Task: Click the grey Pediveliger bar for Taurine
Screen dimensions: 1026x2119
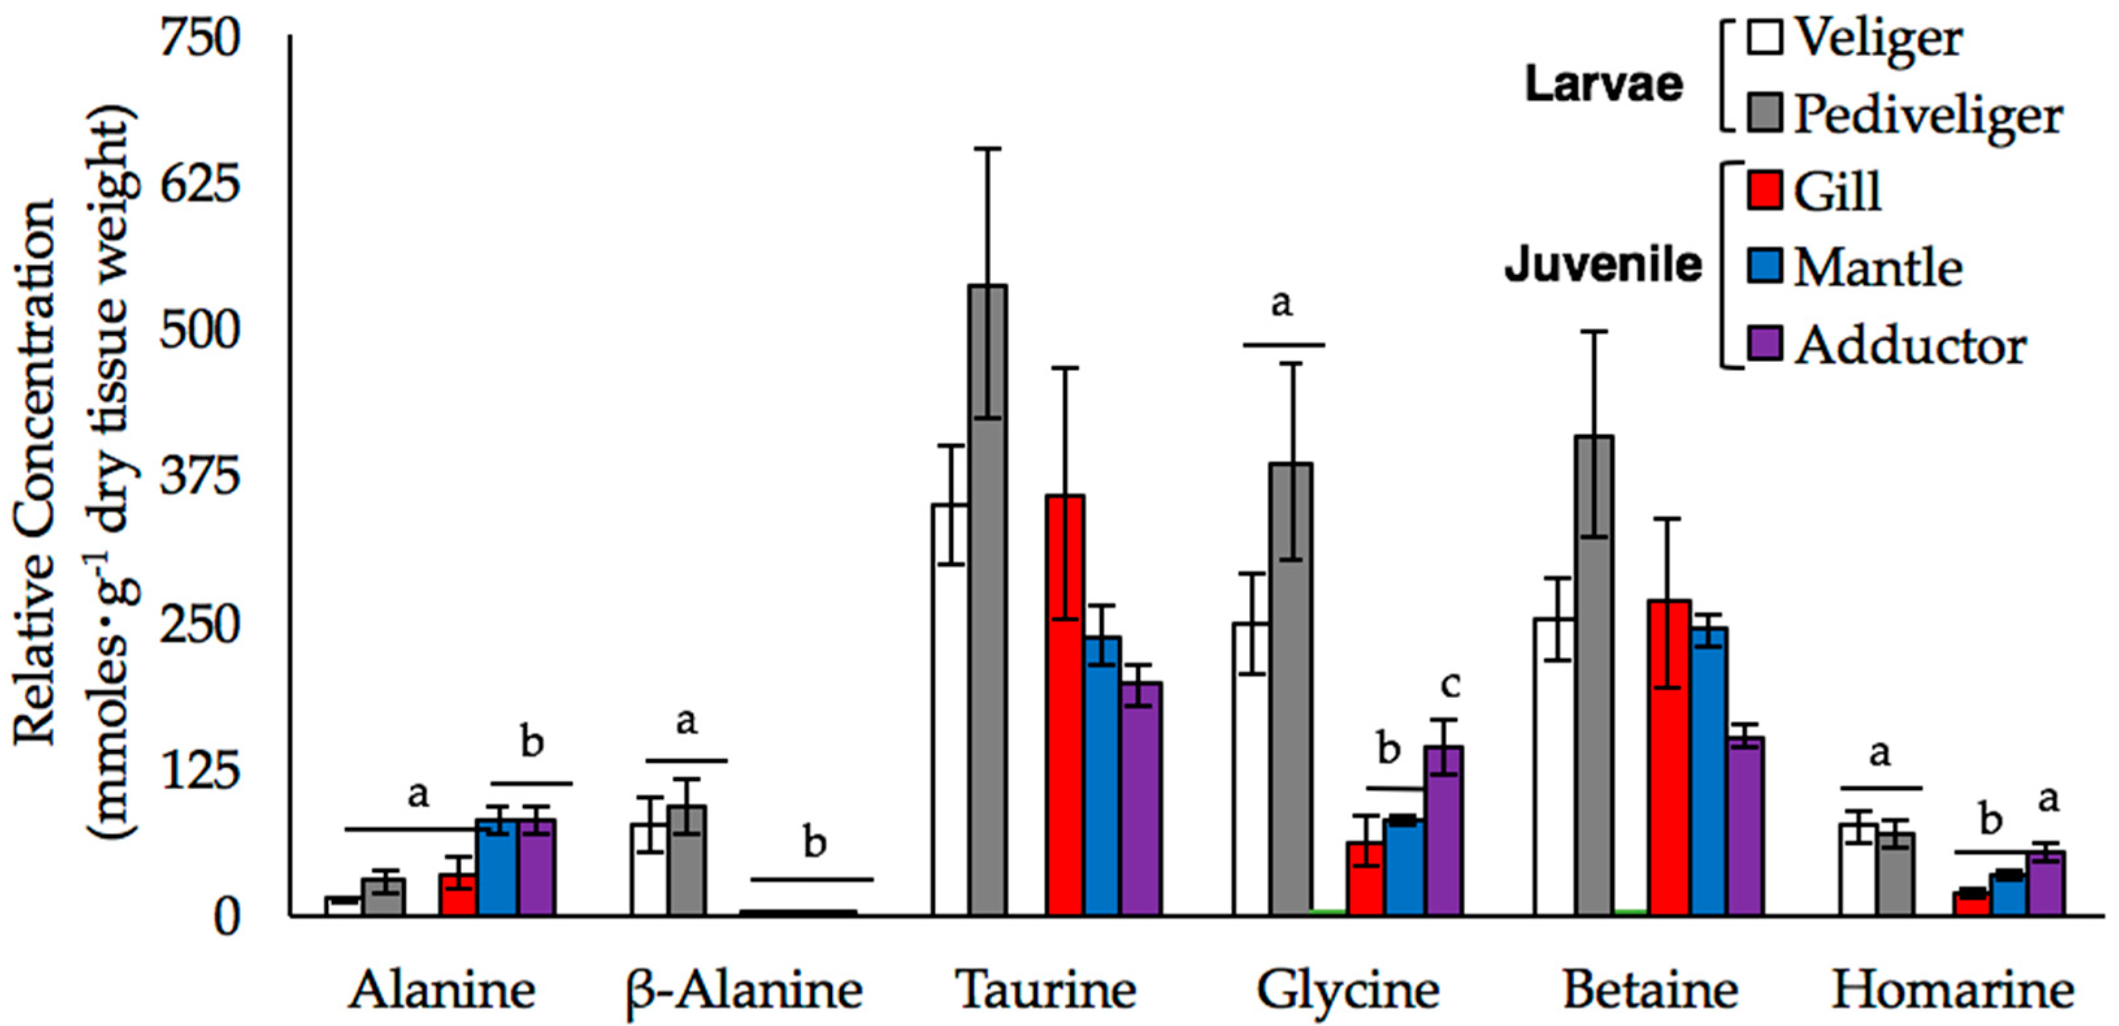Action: tap(987, 600)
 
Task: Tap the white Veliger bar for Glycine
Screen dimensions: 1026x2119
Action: tap(1250, 769)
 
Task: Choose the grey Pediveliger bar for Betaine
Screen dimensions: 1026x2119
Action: tap(1594, 674)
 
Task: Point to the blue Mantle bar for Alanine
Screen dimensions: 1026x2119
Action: tap(497, 867)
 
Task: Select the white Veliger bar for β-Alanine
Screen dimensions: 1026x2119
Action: tap(649, 869)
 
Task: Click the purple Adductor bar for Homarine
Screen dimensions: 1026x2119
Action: tap(2046, 884)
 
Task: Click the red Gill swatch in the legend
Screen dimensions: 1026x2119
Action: tap(1765, 191)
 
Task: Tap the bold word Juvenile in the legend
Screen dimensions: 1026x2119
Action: tap(1603, 265)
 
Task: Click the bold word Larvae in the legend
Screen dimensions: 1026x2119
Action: tap(1603, 84)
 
